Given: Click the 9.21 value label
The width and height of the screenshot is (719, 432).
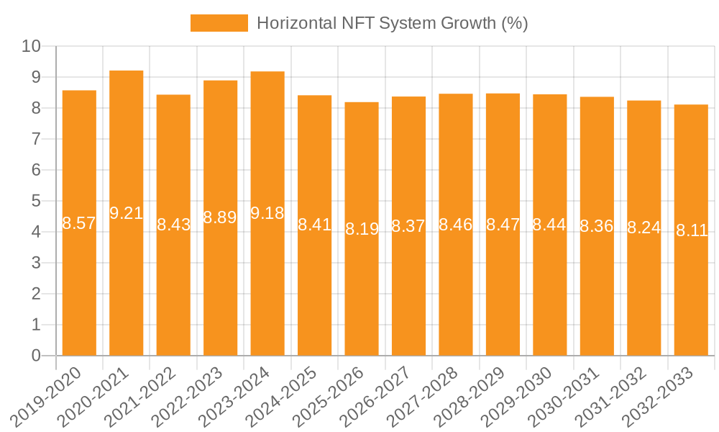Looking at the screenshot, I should coord(127,213).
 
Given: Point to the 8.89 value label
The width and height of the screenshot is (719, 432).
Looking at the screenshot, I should coord(220,217).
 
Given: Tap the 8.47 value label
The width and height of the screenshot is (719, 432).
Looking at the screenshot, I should coord(503,224).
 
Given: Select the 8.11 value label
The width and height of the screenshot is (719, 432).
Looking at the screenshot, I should coord(692,230).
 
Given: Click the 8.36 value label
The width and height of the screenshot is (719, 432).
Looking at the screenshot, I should coord(597,226).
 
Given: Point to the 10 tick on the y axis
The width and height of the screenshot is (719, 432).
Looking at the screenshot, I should coord(32,47).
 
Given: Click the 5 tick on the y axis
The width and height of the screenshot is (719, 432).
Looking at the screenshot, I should coord(36,202).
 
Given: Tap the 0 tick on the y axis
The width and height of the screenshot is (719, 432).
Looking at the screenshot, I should coord(36,356).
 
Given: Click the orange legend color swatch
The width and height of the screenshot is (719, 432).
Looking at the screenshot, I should coord(219,23).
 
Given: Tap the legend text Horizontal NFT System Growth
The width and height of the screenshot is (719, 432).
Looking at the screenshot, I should coord(392,23).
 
